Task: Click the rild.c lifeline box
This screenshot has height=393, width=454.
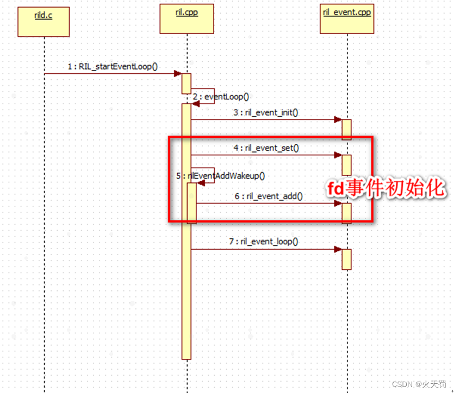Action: point(43,22)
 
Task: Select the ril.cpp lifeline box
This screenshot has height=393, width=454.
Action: point(186,18)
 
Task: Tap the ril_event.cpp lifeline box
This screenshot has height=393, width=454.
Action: point(347,18)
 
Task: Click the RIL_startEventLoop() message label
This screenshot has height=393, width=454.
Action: point(113,66)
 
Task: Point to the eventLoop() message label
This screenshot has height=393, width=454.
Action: point(221,97)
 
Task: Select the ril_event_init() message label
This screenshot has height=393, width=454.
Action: point(266,112)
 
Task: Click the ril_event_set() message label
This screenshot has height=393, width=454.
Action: point(266,147)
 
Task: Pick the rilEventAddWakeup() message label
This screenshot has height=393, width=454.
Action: point(221,175)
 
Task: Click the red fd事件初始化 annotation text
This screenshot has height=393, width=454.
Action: point(386,188)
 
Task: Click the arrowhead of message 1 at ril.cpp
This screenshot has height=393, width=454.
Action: point(177,73)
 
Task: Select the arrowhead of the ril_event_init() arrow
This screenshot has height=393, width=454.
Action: point(338,119)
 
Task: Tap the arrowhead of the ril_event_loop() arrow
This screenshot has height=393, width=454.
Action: point(338,249)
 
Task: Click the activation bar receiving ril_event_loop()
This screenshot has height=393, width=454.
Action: point(346,259)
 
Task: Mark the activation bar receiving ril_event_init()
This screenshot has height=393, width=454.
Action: point(346,129)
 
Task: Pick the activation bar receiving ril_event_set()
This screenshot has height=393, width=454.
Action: point(346,164)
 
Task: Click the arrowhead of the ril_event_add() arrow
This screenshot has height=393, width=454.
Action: point(338,204)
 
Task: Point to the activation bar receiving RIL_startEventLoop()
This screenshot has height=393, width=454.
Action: point(186,83)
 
